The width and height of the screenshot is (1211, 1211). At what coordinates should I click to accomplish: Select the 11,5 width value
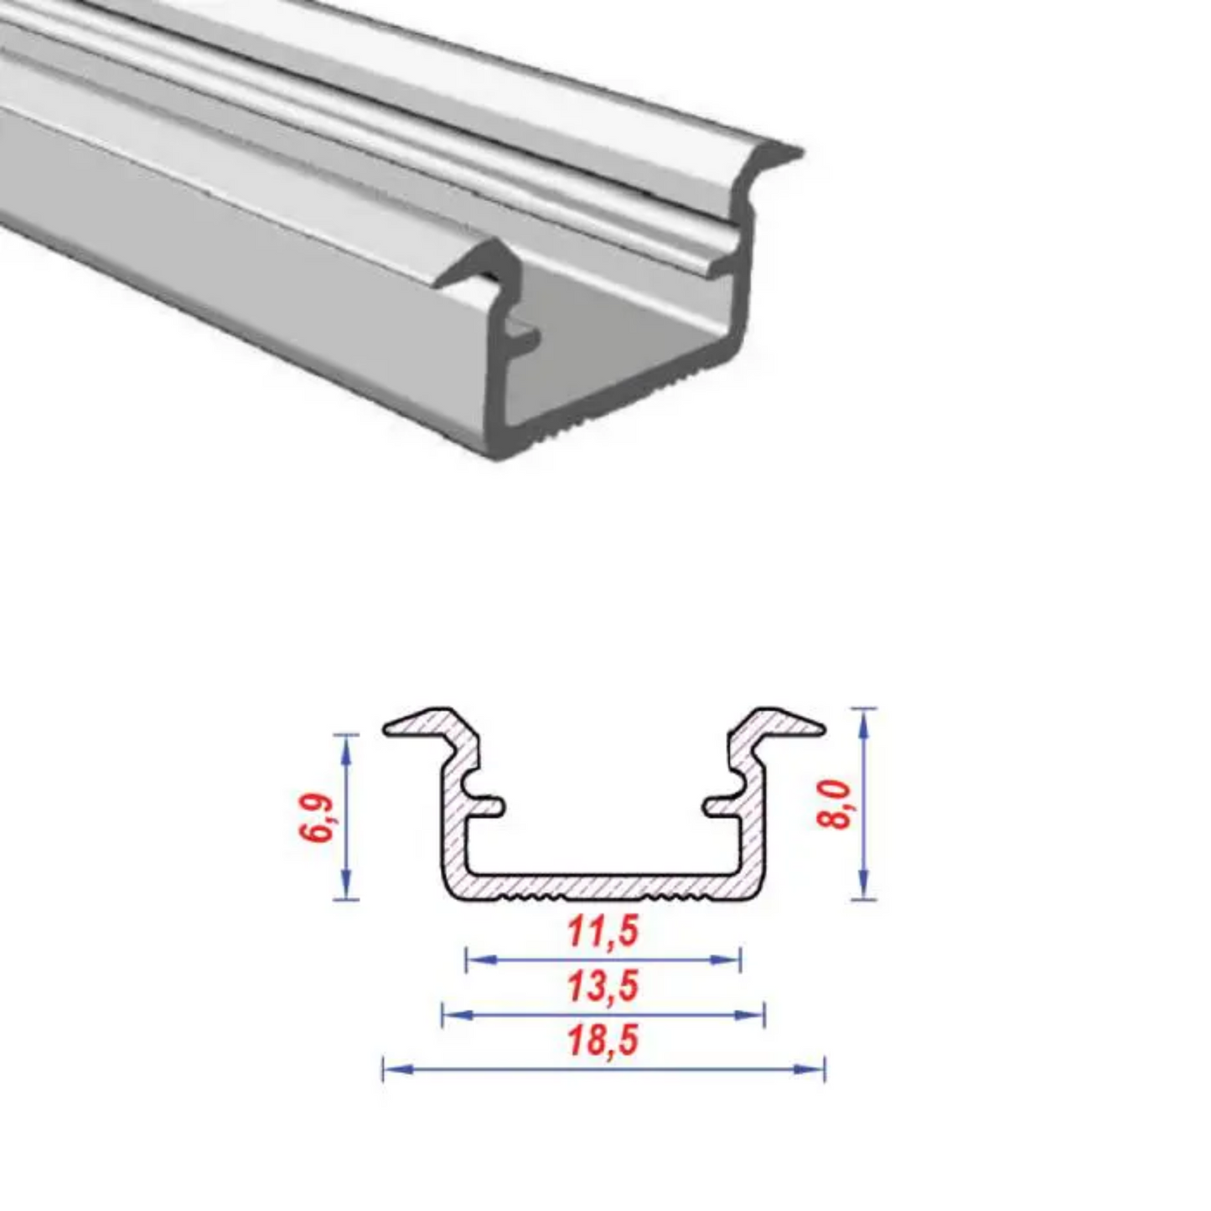tap(603, 932)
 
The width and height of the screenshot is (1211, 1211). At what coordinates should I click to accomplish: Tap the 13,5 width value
tap(603, 986)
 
